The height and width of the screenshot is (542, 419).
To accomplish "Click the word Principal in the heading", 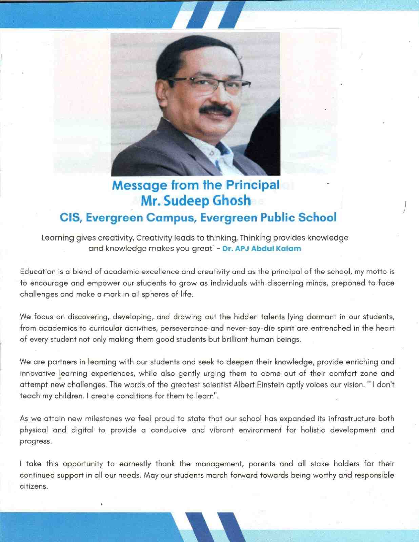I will point(253,185).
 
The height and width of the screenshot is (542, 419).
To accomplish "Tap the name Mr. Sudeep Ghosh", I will point(196,201).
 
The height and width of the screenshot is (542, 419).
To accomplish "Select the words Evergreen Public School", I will point(268,217).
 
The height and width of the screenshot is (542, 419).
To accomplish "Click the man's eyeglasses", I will point(208,83).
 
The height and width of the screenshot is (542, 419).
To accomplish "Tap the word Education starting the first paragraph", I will point(38,272).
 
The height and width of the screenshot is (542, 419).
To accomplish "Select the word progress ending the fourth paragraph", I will point(36,441).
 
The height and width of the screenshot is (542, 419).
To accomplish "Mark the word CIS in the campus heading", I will point(71,217).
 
